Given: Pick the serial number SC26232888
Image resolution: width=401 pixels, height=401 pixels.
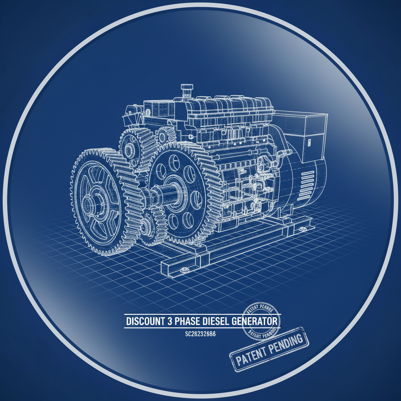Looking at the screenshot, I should tap(200, 334).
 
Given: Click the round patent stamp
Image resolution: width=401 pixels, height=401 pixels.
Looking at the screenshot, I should tap(260, 321).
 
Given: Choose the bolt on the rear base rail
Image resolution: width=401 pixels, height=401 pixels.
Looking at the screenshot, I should tap(302, 228).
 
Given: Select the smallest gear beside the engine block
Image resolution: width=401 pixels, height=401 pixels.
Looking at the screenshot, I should tap(162, 137).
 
